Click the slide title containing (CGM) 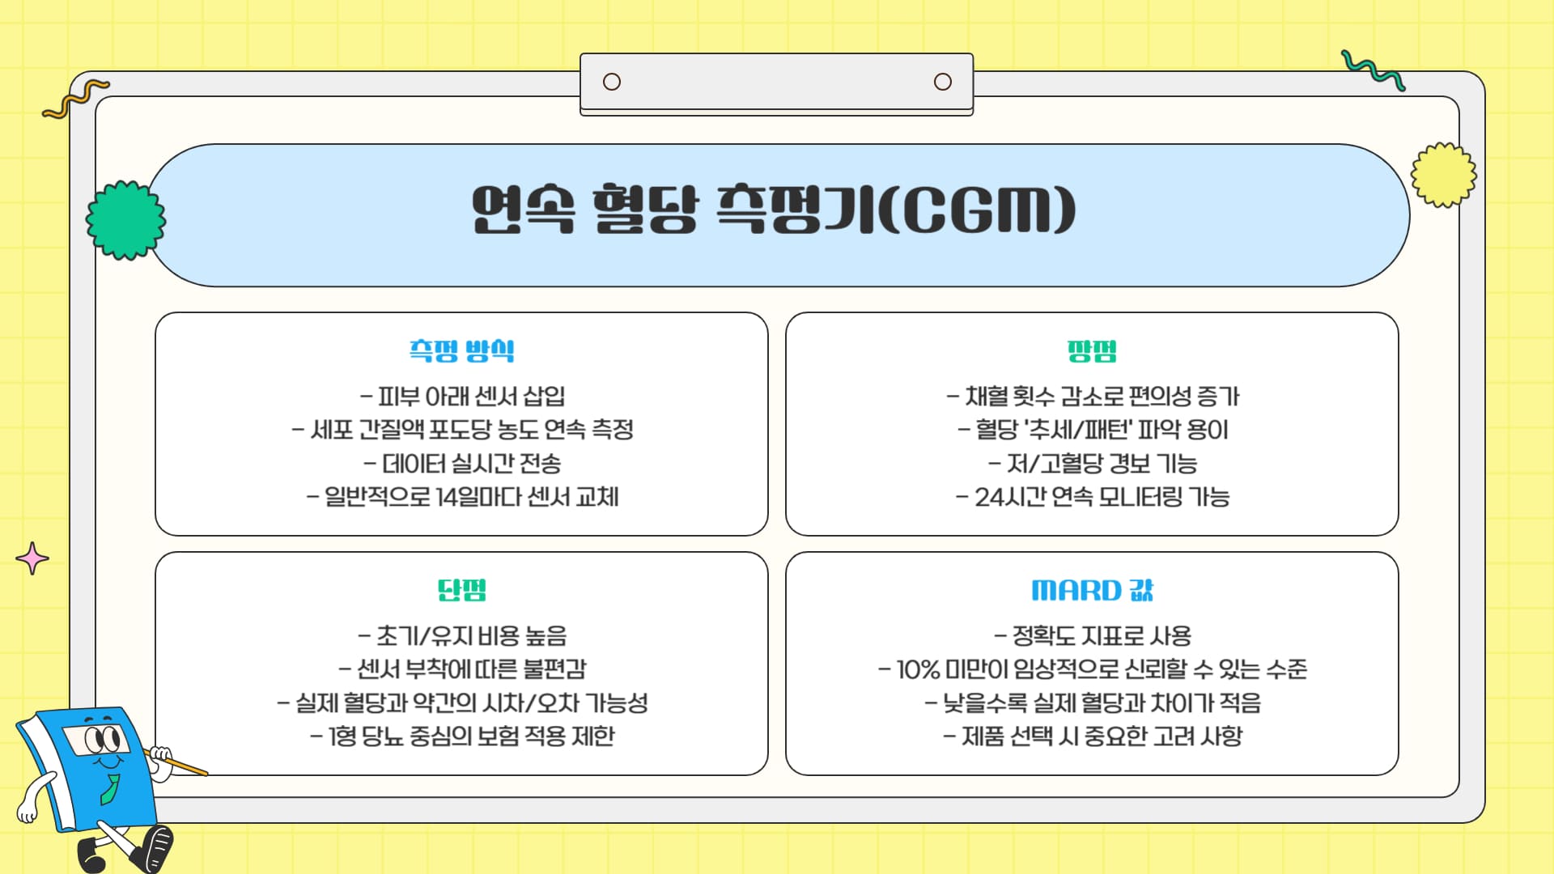point(774,211)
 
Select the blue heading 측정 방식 point(461,350)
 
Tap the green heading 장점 point(1092,350)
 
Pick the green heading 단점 point(461,590)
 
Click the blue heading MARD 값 point(1092,590)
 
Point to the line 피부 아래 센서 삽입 point(462,397)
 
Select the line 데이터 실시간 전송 point(462,464)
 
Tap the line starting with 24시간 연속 point(1092,496)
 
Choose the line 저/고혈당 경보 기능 point(1092,464)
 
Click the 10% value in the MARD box point(918,669)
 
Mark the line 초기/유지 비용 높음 point(462,636)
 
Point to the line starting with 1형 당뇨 point(462,736)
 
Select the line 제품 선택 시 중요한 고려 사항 point(1092,736)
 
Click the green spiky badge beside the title point(125,220)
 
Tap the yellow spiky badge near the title point(1443,175)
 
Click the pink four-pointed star point(32,558)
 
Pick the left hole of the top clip point(612,82)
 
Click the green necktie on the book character point(110,789)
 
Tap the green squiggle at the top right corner point(1373,70)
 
